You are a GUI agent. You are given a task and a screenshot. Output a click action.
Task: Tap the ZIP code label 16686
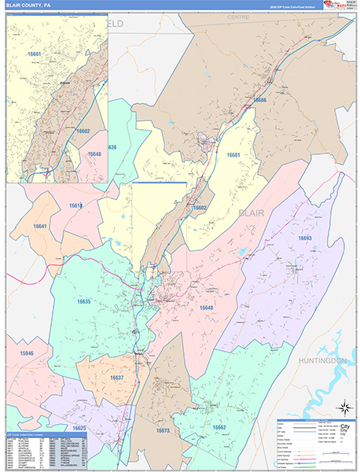pos(259,101)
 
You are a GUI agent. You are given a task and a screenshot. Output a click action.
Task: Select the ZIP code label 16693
pos(305,238)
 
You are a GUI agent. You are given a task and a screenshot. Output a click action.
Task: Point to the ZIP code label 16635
pos(83,301)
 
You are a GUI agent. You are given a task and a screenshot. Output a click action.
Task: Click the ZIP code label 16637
pos(116,378)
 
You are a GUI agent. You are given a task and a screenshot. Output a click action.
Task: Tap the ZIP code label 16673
pos(163,431)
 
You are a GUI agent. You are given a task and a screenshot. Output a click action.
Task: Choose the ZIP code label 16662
pos(219,427)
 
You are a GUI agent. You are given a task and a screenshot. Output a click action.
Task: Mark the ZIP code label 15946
pos(27,354)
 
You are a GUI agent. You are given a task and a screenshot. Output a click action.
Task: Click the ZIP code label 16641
pos(40,227)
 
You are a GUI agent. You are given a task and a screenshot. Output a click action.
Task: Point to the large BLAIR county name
pos(254,212)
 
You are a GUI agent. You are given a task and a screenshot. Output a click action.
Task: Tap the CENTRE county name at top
pos(237,17)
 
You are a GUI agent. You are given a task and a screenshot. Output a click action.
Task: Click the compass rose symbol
pos(343,407)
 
